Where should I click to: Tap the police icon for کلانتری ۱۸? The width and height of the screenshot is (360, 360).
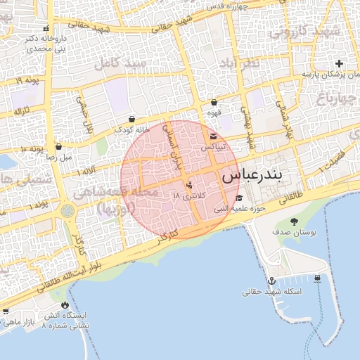pyautogui.click(x=188, y=186)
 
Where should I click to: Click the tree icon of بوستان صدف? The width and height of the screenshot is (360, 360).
pyautogui.click(x=294, y=221)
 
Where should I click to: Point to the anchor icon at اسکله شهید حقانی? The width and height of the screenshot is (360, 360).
pyautogui.click(x=272, y=281)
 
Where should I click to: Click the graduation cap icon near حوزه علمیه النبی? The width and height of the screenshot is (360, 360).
pyautogui.click(x=239, y=198)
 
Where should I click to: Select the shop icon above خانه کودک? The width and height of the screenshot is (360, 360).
pyautogui.click(x=133, y=119)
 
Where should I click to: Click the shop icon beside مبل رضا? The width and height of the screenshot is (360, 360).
pyautogui.click(x=58, y=147)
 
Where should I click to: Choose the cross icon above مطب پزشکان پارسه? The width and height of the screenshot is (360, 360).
pyautogui.click(x=340, y=63)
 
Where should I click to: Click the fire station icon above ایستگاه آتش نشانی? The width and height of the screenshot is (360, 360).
pyautogui.click(x=66, y=305)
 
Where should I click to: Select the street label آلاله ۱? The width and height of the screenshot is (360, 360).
pyautogui.click(x=88, y=171)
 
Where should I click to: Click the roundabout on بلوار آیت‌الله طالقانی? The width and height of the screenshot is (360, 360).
pyautogui.click(x=67, y=210)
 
